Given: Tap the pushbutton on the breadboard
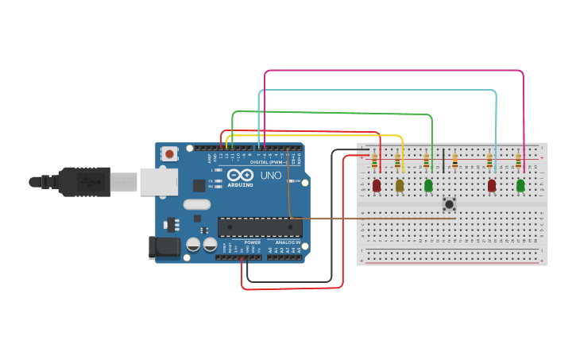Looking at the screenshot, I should (x=450, y=204).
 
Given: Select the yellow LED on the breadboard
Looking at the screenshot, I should (x=400, y=186).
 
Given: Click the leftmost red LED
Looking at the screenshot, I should (x=377, y=186).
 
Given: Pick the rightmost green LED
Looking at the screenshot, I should (x=520, y=185).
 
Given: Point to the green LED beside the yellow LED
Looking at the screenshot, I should (x=428, y=186).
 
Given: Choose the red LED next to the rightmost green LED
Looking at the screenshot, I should (x=492, y=185).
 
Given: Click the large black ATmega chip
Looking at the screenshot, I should (x=260, y=227).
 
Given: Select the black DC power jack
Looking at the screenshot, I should (x=165, y=247).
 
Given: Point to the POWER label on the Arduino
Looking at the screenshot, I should (x=252, y=242).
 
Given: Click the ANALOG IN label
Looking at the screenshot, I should (x=288, y=242).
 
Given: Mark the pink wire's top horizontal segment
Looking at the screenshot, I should (x=393, y=71).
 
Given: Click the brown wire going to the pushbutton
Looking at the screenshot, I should (x=365, y=217).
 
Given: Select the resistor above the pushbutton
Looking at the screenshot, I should (x=454, y=161).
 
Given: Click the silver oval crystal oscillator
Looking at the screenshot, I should (x=198, y=204).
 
